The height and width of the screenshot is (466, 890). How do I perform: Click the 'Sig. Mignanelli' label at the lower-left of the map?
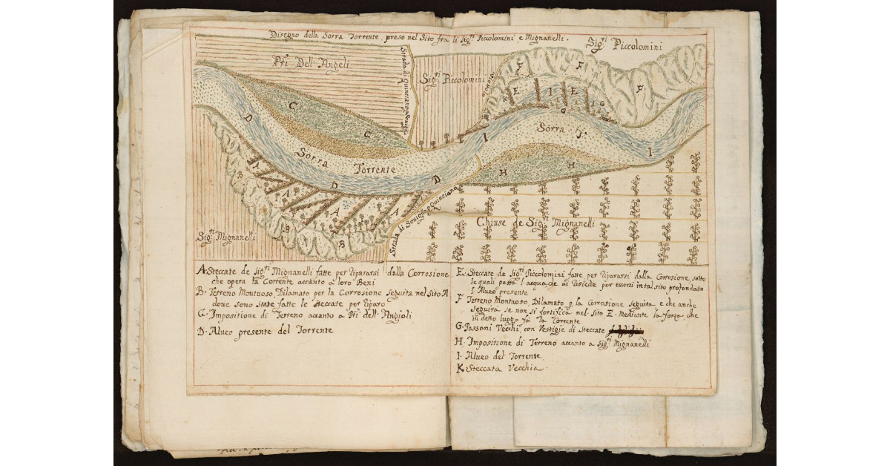click(x=227, y=238)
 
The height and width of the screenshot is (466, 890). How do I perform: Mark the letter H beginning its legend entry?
click(x=460, y=342)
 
